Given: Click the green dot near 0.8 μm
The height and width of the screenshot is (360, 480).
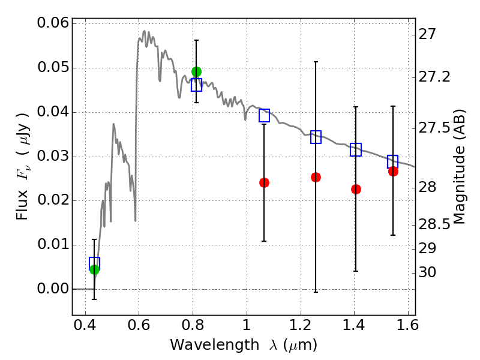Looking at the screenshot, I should tap(196, 72).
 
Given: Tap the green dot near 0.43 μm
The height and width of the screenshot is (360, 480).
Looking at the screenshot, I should tap(94, 269).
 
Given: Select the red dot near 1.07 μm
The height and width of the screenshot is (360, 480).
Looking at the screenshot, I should tap(264, 182).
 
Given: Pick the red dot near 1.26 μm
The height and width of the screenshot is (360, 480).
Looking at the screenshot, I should tap(316, 177).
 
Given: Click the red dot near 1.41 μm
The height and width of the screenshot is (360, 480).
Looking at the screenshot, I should tap(356, 189).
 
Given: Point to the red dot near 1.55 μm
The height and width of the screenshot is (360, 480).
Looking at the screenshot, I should tap(393, 172).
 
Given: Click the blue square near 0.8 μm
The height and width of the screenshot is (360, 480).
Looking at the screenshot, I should tap(196, 85).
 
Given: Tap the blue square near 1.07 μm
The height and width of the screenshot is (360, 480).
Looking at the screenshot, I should tap(264, 116).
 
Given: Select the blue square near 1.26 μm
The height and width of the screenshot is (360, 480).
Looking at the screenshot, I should tap(316, 137).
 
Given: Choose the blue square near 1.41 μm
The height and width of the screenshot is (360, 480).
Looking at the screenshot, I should tap(356, 150).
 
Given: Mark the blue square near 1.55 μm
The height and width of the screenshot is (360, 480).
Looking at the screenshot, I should tap(393, 161).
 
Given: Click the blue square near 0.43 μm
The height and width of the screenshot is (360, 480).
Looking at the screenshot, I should tap(94, 263).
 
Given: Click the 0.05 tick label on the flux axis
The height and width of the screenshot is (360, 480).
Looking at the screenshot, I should tap(52, 68).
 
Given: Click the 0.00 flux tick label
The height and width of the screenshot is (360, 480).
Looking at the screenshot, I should tap(52, 289).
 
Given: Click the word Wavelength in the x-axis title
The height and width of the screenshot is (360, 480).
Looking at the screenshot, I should tap(205, 345).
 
